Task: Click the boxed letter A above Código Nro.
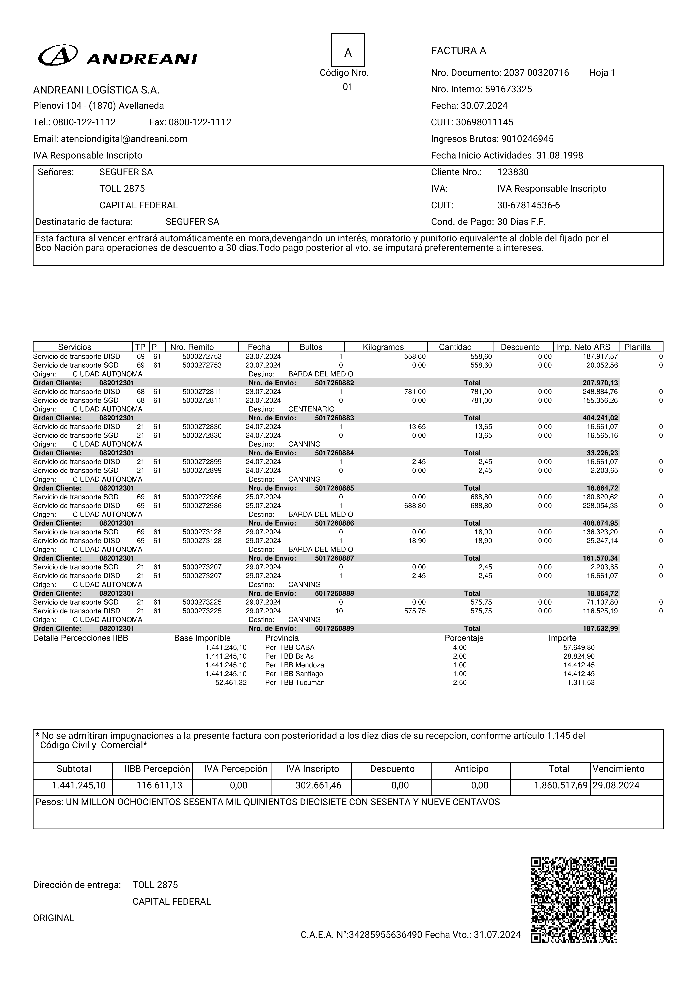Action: pyautogui.click(x=348, y=50)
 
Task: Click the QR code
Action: pyautogui.click(x=574, y=900)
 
